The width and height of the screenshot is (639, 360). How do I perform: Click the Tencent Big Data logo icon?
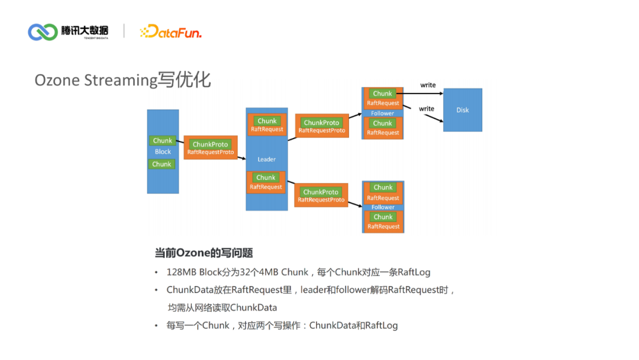pos(43,32)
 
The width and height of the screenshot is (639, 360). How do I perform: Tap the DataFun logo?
pos(170,32)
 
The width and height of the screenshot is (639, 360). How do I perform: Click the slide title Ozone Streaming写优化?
pos(122,80)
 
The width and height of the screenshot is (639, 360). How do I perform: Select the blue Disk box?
pos(463,110)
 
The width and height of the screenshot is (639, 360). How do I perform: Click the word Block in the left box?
pos(163,152)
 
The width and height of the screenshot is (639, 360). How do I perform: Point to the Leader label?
pos(266,159)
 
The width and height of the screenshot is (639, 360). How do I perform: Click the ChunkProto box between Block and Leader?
pos(211,147)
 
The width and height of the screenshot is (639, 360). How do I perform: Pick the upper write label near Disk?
pos(428,85)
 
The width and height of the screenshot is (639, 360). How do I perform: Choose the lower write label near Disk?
pos(427,109)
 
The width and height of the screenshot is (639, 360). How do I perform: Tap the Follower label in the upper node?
pos(382,113)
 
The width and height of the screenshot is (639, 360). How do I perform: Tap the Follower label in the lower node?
pos(383,207)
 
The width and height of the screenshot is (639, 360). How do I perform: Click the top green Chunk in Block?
pos(162,141)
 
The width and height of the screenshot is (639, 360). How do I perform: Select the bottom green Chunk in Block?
pos(162,164)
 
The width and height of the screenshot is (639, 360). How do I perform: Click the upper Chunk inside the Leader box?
pos(267,121)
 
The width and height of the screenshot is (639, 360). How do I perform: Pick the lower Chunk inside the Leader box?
pos(266,178)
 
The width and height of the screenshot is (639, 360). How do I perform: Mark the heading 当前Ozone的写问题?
pos(204,253)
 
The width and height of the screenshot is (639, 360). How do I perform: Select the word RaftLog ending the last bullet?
pos(381,326)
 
